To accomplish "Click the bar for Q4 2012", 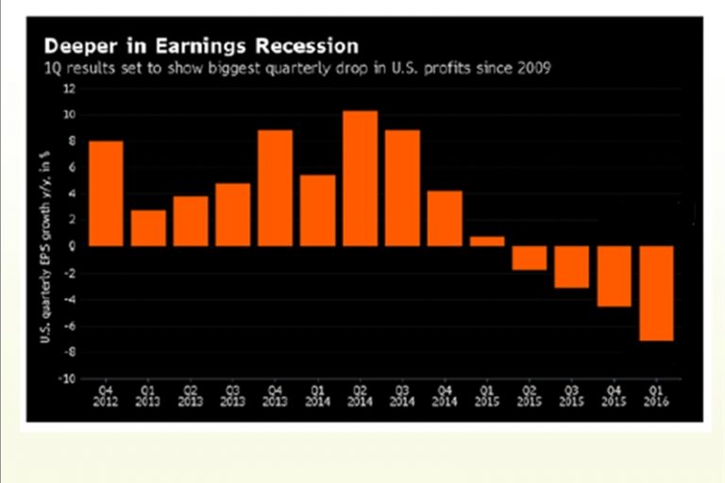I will point(106,193).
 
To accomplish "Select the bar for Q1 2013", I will point(148,227).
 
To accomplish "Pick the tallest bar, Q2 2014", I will point(360,178).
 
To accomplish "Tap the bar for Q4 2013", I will point(275,188).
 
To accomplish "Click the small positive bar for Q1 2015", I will point(487,241).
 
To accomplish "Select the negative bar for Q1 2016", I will point(657,292).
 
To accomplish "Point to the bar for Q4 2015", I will point(615,275).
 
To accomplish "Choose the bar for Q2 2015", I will point(530,258).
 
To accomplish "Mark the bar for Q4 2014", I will point(445,218).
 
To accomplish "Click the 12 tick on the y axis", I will point(68,89).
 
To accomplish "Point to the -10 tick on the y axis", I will point(66,379).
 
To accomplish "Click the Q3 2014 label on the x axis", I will point(401,393).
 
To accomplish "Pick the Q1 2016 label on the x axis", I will point(657,393).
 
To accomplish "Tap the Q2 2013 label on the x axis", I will point(190,393).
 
